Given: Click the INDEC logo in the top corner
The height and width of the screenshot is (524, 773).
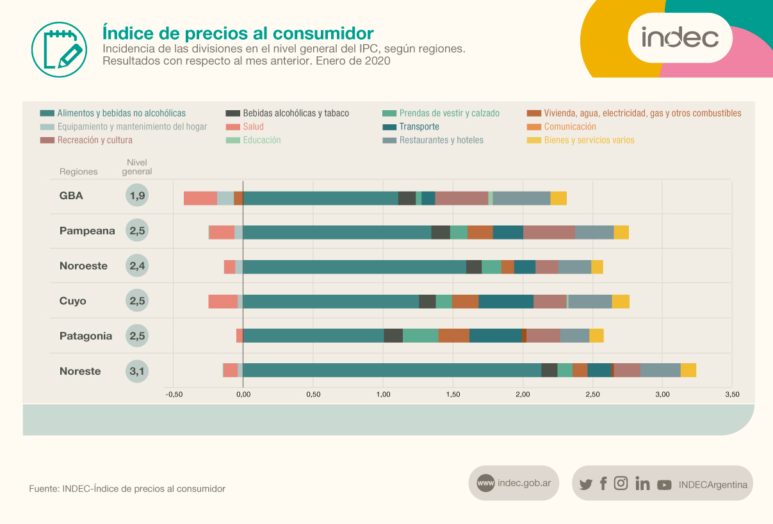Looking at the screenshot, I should [x=679, y=38].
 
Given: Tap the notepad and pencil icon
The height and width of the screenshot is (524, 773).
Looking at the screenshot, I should [x=58, y=49].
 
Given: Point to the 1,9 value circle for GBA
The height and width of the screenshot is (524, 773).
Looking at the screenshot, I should [x=137, y=196].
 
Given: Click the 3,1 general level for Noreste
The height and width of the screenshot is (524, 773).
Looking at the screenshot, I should [x=137, y=371].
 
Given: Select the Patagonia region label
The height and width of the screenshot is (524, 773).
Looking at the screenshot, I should [x=86, y=336].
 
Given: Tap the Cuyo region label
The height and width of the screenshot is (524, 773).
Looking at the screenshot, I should [x=73, y=301].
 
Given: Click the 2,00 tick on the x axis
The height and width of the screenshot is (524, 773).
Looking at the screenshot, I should [x=523, y=394].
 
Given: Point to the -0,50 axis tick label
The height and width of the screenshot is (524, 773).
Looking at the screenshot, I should [x=173, y=394].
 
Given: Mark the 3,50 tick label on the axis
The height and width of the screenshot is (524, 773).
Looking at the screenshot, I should [x=732, y=394].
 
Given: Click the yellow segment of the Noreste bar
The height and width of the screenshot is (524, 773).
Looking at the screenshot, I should [x=688, y=370].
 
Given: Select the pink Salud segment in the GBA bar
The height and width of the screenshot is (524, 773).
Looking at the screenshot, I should [x=200, y=198].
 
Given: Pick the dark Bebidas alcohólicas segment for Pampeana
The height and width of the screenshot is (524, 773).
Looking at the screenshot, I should [x=441, y=233].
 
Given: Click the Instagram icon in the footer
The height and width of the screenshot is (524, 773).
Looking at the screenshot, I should [x=621, y=484].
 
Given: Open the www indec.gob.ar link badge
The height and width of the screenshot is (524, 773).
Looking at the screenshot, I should [x=514, y=483].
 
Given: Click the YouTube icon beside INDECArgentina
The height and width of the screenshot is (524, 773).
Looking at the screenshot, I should [x=664, y=485].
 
